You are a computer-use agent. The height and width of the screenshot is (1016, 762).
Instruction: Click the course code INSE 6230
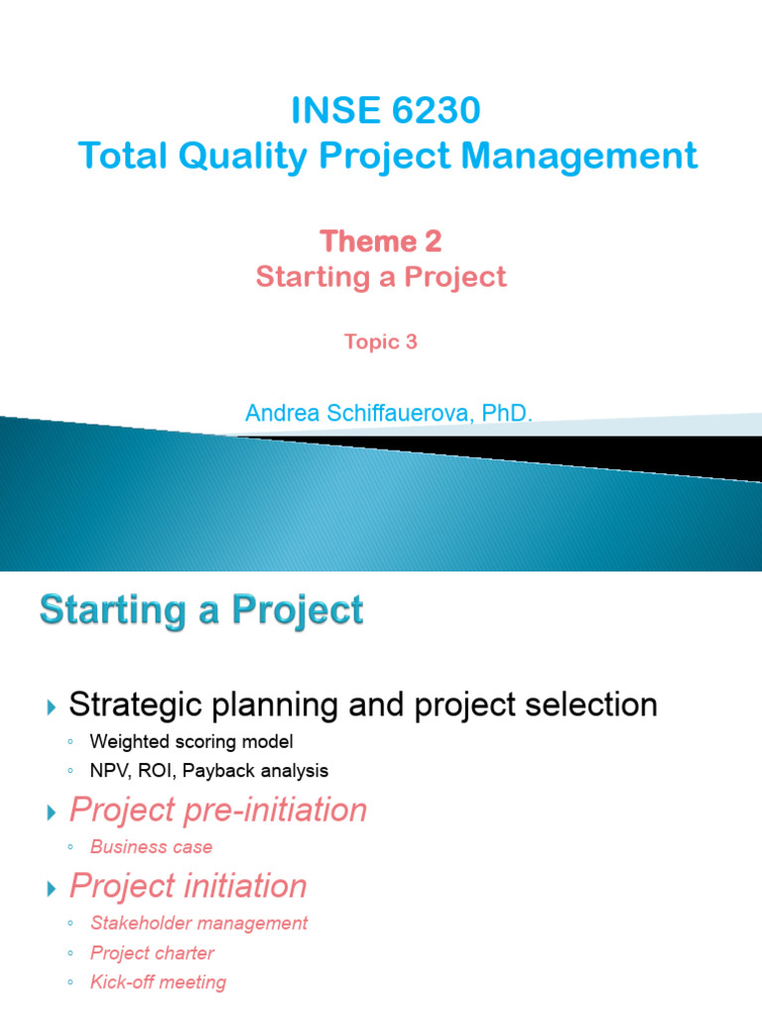click(386, 111)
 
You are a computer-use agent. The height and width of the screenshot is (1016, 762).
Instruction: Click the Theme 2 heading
click(381, 241)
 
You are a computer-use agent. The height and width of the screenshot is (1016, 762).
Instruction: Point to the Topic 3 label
click(380, 341)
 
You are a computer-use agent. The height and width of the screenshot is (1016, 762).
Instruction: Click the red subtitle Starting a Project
click(381, 277)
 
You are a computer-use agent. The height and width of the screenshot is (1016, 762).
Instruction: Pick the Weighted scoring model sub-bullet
click(191, 741)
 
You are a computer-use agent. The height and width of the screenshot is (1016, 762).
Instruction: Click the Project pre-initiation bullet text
click(218, 811)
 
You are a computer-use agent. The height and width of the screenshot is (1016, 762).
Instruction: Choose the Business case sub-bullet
click(151, 846)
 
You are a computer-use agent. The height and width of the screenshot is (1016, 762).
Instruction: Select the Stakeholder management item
click(198, 923)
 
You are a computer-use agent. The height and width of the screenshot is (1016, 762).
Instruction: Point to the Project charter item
click(152, 952)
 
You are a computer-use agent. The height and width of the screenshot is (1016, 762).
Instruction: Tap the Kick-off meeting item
click(158, 982)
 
